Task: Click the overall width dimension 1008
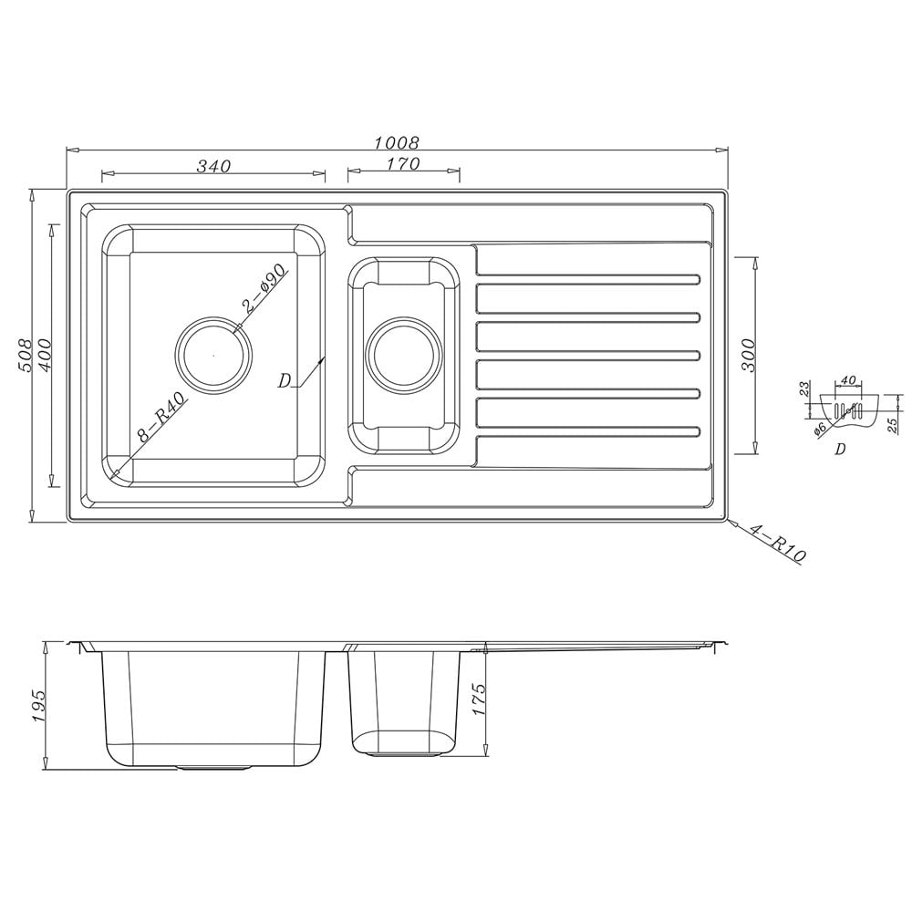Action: tap(396, 142)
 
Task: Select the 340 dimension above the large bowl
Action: tap(212, 166)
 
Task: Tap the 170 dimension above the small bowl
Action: tap(403, 164)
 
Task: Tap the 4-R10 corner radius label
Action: tap(776, 544)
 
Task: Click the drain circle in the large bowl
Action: tap(213, 354)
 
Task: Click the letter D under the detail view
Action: tap(840, 449)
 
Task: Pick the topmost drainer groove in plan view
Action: tap(588, 277)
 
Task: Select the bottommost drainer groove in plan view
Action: tap(588, 431)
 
